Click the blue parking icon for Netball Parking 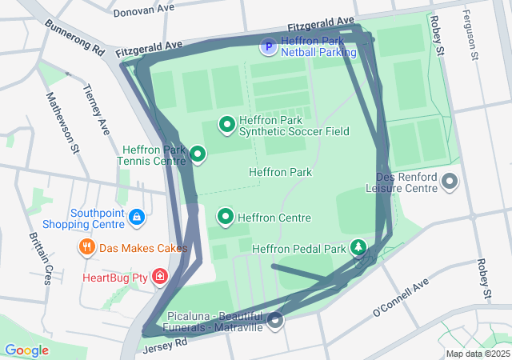(x=268, y=49)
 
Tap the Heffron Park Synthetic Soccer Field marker (x=226, y=125)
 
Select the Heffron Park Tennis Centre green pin (x=197, y=154)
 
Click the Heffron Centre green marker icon (x=226, y=217)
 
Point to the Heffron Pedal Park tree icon (x=360, y=248)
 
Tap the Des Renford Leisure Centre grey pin (x=449, y=182)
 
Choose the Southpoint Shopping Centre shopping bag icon (x=137, y=217)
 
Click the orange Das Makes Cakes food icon (x=87, y=247)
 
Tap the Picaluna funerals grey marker (x=275, y=321)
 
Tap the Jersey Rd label (x=166, y=345)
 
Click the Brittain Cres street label (x=40, y=258)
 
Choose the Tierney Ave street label (x=97, y=110)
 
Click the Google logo (x=27, y=350)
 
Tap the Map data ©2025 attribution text (x=477, y=354)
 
